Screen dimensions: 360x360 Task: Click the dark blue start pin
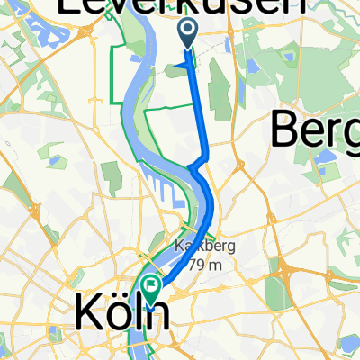[x=189, y=33]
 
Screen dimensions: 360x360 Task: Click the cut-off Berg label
[x=315, y=132]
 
